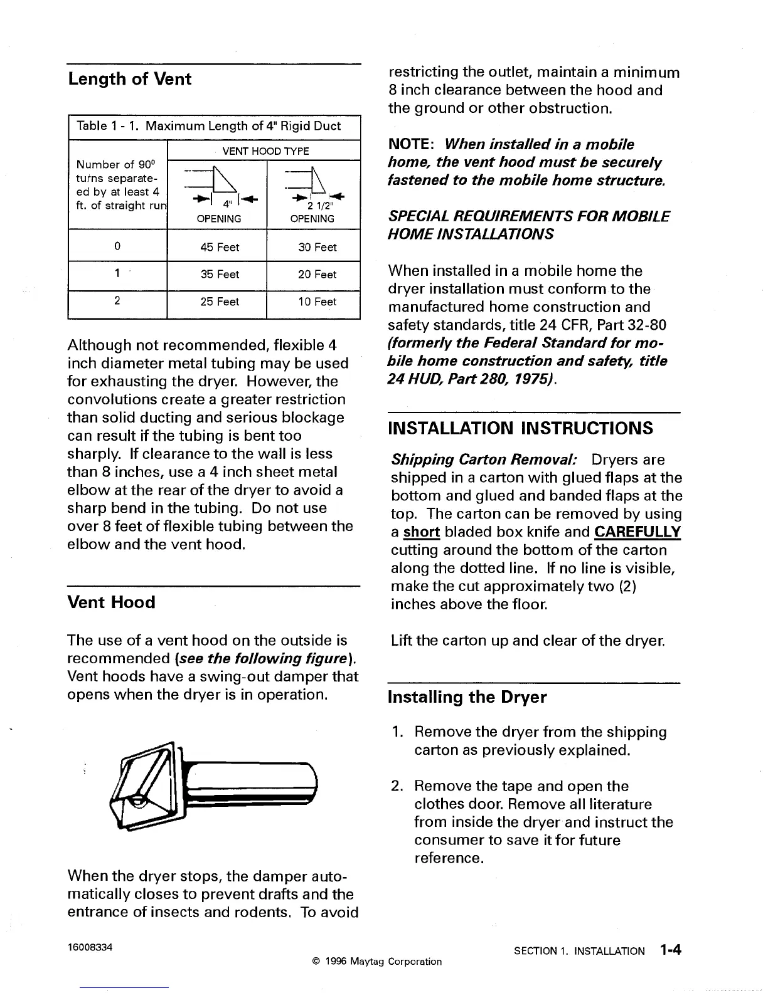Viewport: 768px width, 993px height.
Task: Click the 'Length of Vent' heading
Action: [129, 80]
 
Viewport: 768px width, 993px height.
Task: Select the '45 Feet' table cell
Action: [220, 247]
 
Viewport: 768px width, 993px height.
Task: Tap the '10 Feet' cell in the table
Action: [317, 302]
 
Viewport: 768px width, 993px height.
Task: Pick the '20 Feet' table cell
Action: [317, 275]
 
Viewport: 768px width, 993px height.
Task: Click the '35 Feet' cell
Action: [220, 275]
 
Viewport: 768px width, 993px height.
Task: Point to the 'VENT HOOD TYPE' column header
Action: [266, 151]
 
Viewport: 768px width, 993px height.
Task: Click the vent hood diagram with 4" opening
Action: [218, 185]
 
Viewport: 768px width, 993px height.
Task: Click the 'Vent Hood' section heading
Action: [111, 602]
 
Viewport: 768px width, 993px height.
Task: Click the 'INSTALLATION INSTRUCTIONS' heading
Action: [521, 429]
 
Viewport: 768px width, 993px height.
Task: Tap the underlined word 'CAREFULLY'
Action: [637, 532]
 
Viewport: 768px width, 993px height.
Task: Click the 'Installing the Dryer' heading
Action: [467, 697]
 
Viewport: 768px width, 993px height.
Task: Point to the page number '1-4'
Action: [669, 950]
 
